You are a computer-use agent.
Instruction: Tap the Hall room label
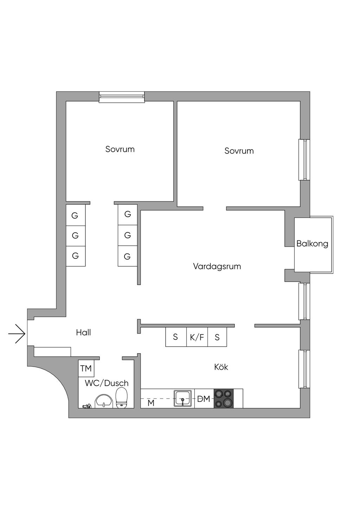click(83, 333)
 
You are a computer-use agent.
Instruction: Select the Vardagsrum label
click(217, 266)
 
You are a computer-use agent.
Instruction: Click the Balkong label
click(312, 244)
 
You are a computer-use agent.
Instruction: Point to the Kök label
click(221, 367)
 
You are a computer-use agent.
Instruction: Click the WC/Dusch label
click(107, 383)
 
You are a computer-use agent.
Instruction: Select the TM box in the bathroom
click(86, 368)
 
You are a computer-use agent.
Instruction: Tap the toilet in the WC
click(122, 398)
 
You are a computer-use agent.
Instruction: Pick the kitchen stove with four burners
click(224, 398)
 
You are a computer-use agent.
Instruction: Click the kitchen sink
click(183, 398)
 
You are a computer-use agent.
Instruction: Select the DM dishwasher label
click(204, 399)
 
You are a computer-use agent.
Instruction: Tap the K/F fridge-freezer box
click(197, 337)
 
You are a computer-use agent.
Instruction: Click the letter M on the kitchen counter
click(151, 403)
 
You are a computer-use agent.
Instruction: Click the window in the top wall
click(122, 97)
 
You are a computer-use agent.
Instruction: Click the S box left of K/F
click(176, 337)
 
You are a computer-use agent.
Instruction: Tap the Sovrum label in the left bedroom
click(120, 149)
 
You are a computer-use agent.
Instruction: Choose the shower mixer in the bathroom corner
click(86, 406)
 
